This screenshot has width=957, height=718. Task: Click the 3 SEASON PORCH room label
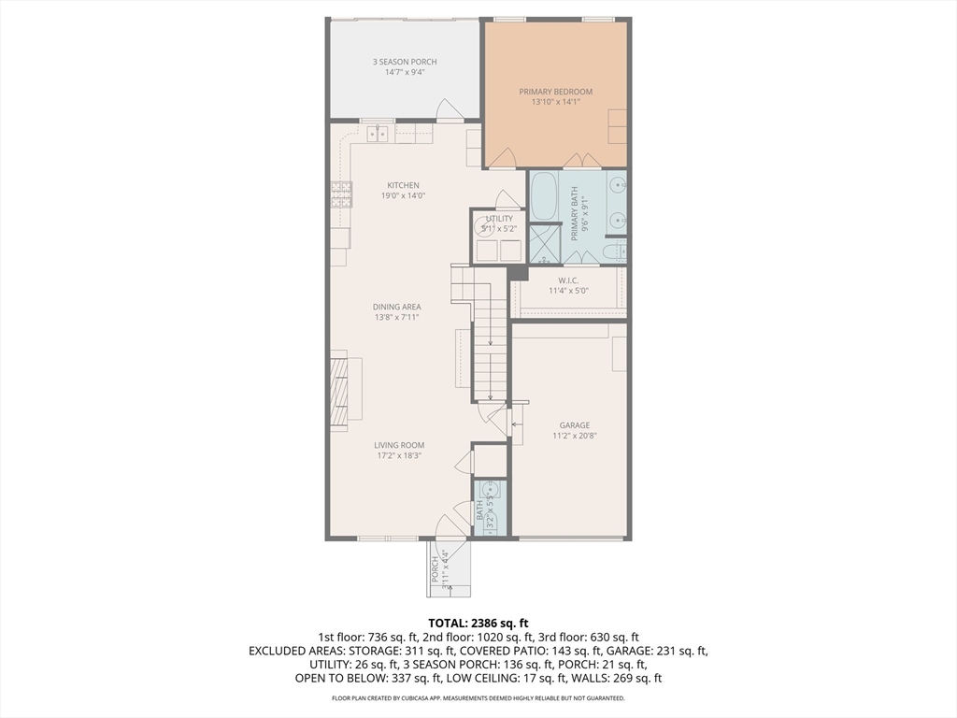[x=405, y=62]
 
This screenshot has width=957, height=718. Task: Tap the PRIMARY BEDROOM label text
[x=555, y=92]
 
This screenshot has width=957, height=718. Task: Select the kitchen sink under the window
[x=378, y=134]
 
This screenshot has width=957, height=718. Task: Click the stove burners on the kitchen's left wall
[x=339, y=194]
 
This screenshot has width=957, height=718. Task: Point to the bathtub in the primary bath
[x=543, y=195]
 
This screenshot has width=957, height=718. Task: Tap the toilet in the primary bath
[x=614, y=251]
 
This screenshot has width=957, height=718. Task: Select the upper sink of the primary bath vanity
[x=616, y=186]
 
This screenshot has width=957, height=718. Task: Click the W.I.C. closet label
[x=570, y=280]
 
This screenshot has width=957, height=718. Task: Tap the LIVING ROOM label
[x=399, y=445]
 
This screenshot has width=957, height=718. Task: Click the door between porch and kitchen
[x=449, y=111]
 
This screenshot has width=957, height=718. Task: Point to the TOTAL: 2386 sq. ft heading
[x=478, y=623]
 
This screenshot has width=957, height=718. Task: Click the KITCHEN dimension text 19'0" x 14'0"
[x=403, y=196]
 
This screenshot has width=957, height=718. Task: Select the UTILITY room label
[x=499, y=219]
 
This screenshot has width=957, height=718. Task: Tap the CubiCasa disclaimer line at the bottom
[x=478, y=698]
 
